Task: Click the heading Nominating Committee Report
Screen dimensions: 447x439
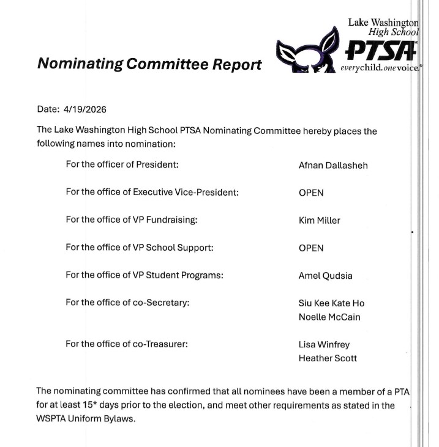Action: tap(149, 64)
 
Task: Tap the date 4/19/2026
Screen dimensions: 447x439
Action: tap(84, 110)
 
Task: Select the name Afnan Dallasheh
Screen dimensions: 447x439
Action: tap(333, 165)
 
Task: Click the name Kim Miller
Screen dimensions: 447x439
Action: tap(319, 220)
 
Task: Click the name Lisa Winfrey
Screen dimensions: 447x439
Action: tap(324, 344)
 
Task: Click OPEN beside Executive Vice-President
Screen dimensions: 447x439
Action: tap(311, 193)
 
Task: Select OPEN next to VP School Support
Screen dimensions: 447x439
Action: tap(311, 248)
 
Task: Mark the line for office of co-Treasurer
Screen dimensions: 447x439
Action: tap(127, 344)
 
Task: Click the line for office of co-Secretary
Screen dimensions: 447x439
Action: tap(127, 303)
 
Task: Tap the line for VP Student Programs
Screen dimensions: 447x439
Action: tap(144, 275)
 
